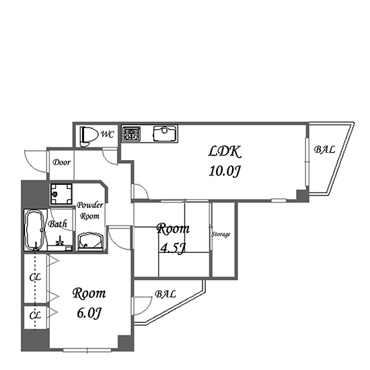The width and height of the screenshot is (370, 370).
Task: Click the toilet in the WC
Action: click(x=89, y=137)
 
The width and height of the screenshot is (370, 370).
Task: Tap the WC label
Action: click(x=108, y=135)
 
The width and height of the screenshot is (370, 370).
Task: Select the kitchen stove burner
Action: click(x=131, y=134)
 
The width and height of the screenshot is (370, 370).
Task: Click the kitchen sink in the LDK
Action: click(x=165, y=134)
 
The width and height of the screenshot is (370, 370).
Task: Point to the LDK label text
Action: click(x=225, y=151)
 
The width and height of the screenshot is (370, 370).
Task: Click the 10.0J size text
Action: click(x=225, y=171)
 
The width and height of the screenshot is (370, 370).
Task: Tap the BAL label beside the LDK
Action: click(x=324, y=149)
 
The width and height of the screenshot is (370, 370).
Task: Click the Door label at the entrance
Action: click(x=61, y=162)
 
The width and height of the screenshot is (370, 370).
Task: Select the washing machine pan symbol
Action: click(x=61, y=194)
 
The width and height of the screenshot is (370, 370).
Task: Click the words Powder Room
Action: click(x=89, y=211)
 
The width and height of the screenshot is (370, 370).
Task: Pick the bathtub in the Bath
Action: click(x=35, y=230)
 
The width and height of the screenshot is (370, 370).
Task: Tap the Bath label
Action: click(x=57, y=224)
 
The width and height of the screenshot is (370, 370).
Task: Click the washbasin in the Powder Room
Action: click(x=90, y=242)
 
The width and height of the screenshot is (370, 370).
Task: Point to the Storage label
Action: click(x=221, y=235)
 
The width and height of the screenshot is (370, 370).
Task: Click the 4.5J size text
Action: click(x=172, y=248)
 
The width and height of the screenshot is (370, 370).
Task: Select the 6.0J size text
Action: click(x=89, y=313)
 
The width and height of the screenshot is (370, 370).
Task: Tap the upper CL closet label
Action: click(x=35, y=277)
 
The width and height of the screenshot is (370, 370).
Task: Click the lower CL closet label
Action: click(x=35, y=316)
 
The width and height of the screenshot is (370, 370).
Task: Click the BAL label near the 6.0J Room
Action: click(x=165, y=294)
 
